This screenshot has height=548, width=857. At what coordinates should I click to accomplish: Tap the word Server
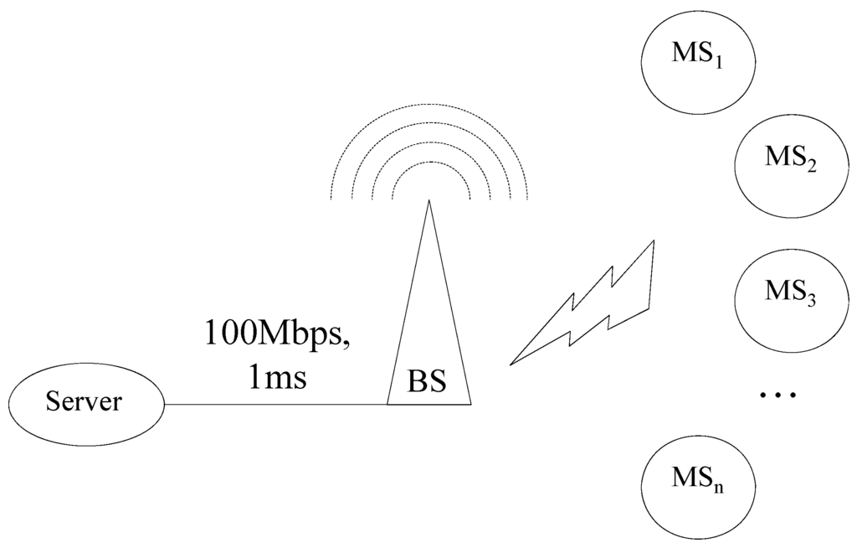[x=84, y=401]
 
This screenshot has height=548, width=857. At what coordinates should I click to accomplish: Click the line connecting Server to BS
[x=276, y=405]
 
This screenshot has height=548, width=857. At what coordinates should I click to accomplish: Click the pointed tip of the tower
[x=428, y=202]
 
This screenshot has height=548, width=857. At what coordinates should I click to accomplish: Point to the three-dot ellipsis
[x=777, y=395]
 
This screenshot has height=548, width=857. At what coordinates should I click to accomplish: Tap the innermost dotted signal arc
[x=428, y=162]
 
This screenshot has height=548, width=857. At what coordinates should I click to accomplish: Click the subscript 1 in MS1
[x=718, y=62]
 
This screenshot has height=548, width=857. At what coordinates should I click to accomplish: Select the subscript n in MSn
[x=718, y=486]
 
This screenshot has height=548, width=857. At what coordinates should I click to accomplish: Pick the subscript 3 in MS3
[x=811, y=300]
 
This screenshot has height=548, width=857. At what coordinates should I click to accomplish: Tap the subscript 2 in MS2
[x=811, y=164]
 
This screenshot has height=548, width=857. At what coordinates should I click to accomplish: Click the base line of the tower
[x=428, y=405]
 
